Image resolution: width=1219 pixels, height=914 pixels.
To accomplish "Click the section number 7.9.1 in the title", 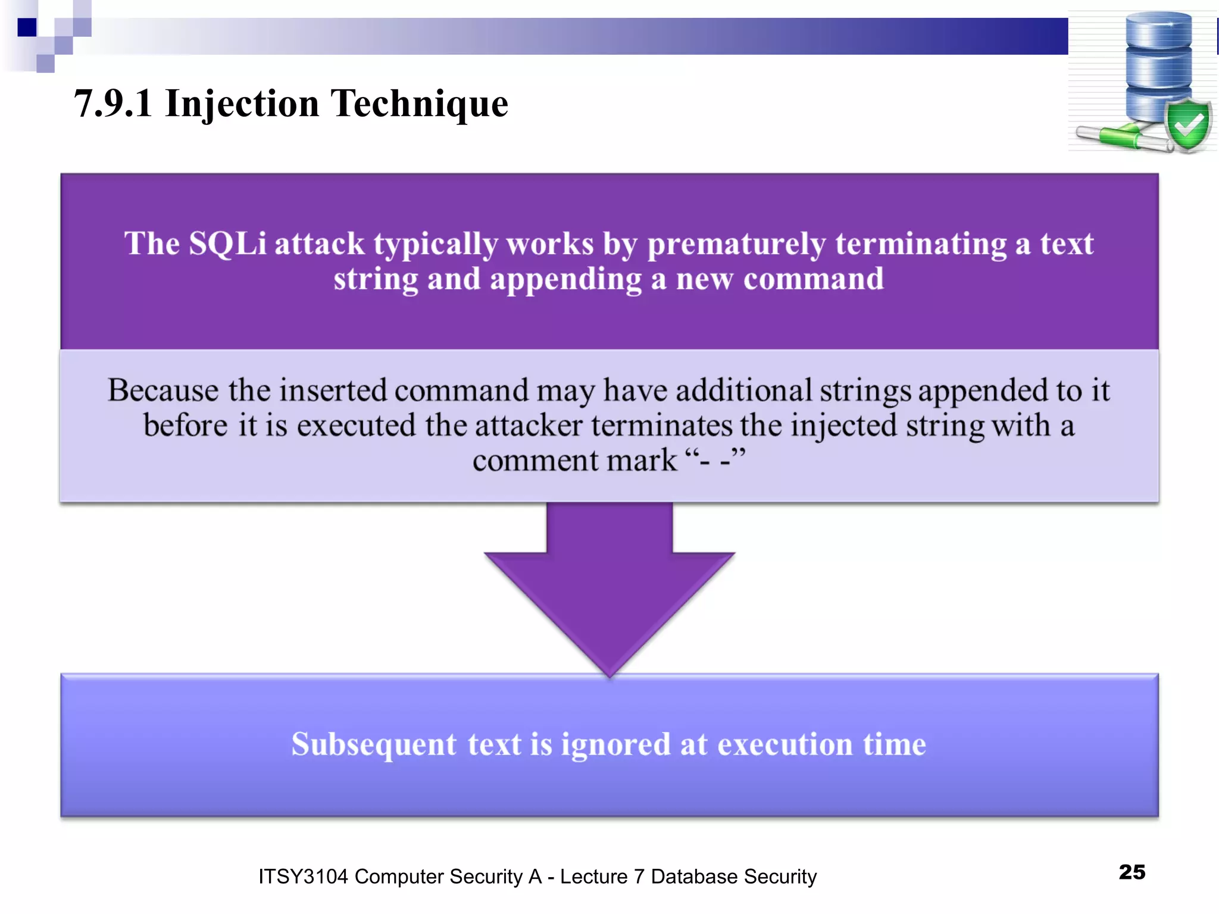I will click(113, 104).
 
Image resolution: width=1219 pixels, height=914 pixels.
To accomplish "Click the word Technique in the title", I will click(419, 104).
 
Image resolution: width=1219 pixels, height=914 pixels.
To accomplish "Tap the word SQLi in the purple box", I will click(227, 244).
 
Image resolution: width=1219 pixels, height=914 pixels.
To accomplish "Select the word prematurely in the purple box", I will click(737, 244).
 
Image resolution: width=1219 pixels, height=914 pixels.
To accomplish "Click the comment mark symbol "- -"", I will click(715, 461).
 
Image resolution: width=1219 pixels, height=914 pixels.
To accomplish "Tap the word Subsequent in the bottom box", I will click(374, 744).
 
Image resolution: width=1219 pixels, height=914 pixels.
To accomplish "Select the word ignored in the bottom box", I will click(615, 744).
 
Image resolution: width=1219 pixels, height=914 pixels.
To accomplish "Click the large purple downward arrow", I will click(609, 589).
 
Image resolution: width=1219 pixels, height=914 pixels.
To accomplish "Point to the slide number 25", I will click(1132, 872).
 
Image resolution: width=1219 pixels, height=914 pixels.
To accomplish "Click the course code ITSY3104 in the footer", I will click(303, 877).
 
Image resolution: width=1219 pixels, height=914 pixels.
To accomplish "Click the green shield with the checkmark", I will click(1188, 125).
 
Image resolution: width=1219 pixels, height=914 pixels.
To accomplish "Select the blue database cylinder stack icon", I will click(1158, 65).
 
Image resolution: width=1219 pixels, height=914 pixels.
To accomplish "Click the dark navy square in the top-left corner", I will click(27, 27).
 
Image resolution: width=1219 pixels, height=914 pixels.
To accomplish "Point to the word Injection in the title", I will click(242, 104).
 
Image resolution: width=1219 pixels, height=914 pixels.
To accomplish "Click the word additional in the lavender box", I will click(743, 390).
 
